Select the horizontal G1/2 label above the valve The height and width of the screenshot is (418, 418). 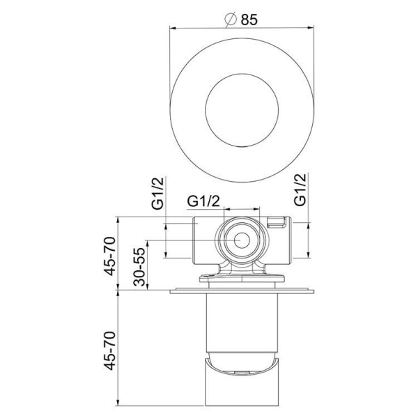pos(203,201)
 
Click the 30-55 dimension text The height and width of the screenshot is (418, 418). pos(139,265)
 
